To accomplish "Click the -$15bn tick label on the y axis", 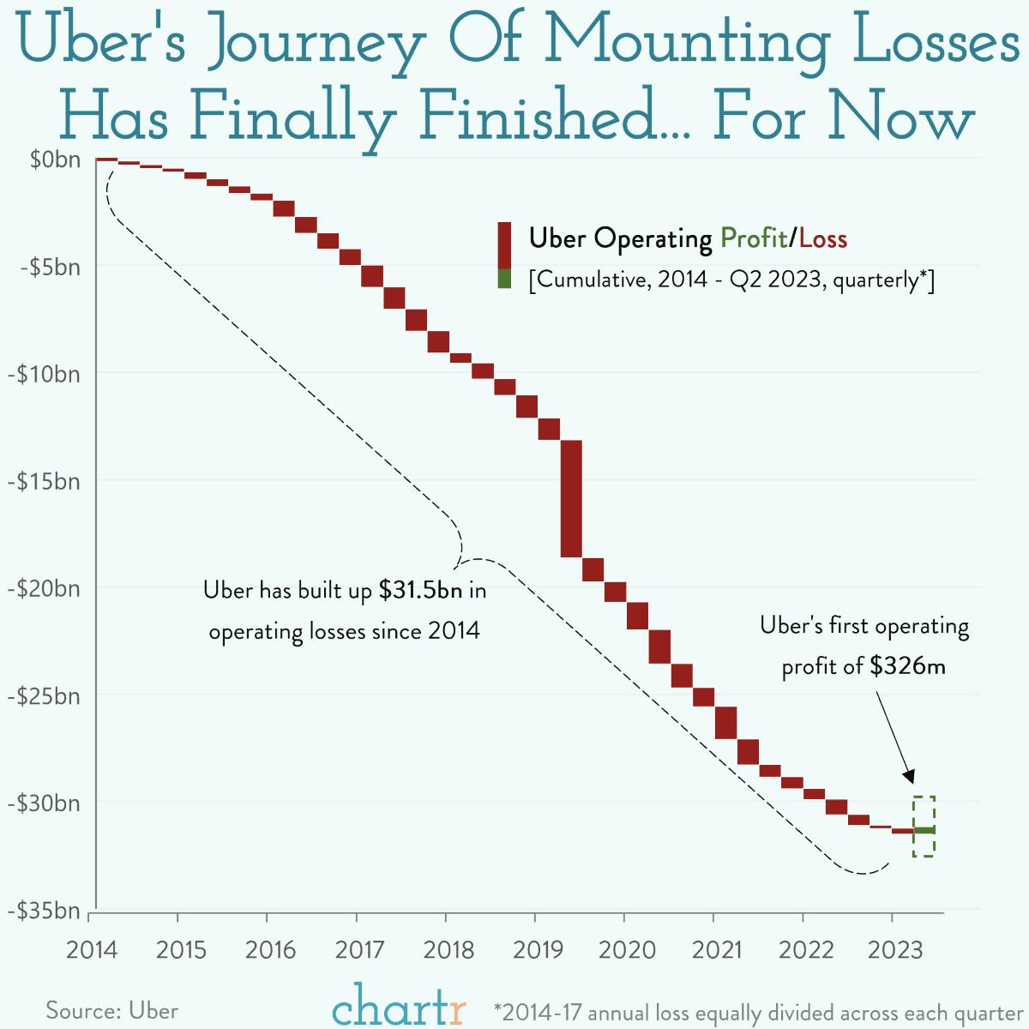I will pos(44,482).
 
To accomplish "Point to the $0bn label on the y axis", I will pos(55,160).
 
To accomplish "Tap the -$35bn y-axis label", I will pos(44,911).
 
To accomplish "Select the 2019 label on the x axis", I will pos(538,950).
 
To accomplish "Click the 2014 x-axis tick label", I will pos(92,950).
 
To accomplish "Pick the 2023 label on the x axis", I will pos(894,950).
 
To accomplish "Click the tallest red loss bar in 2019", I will pos(571,498).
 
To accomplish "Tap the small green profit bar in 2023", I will pos(924,830).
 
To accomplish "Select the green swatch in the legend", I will pos(504,279).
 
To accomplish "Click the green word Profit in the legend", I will pos(753,238).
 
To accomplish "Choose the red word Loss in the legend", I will pos(822,238).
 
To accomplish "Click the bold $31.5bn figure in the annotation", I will pos(420,591).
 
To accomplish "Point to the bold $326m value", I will pos(907,666).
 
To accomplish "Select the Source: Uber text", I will pos(112,1010).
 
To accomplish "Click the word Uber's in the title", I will pos(101,43).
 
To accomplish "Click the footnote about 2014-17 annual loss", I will pos(758,1012).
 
